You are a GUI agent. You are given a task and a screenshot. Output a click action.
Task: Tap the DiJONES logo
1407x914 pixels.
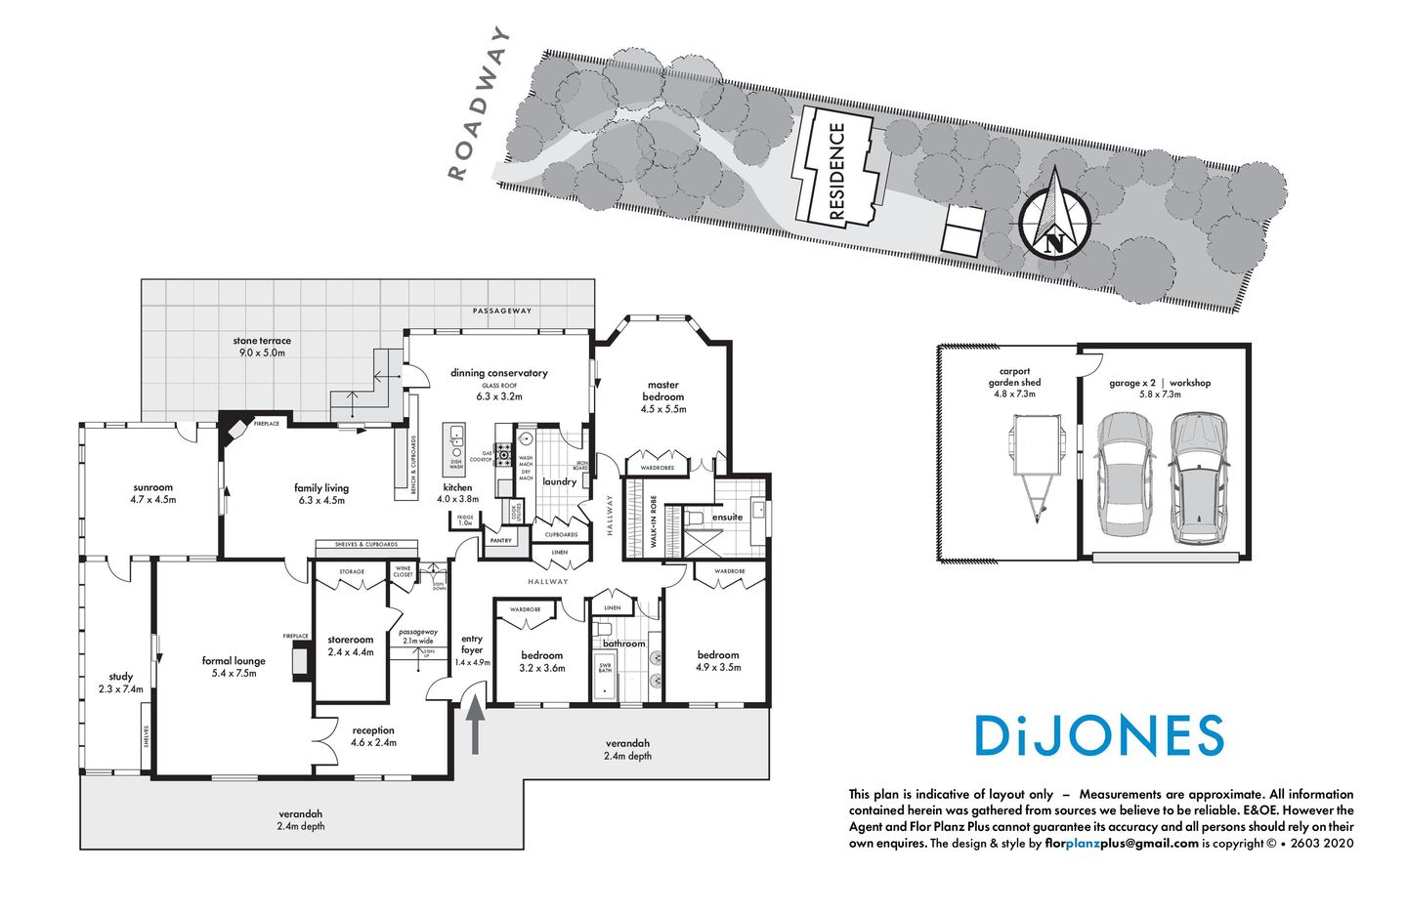1099,736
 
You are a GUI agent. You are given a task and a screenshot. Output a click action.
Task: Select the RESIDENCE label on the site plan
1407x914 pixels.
836,171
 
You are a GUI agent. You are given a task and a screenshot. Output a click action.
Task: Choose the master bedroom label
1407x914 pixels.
662,391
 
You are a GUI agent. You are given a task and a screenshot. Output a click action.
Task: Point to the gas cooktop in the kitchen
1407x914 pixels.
504,453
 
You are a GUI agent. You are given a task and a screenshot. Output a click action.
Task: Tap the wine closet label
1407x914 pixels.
403,571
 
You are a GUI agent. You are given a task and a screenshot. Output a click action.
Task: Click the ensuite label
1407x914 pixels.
727,517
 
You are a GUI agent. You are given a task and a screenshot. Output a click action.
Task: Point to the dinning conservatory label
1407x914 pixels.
498,373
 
